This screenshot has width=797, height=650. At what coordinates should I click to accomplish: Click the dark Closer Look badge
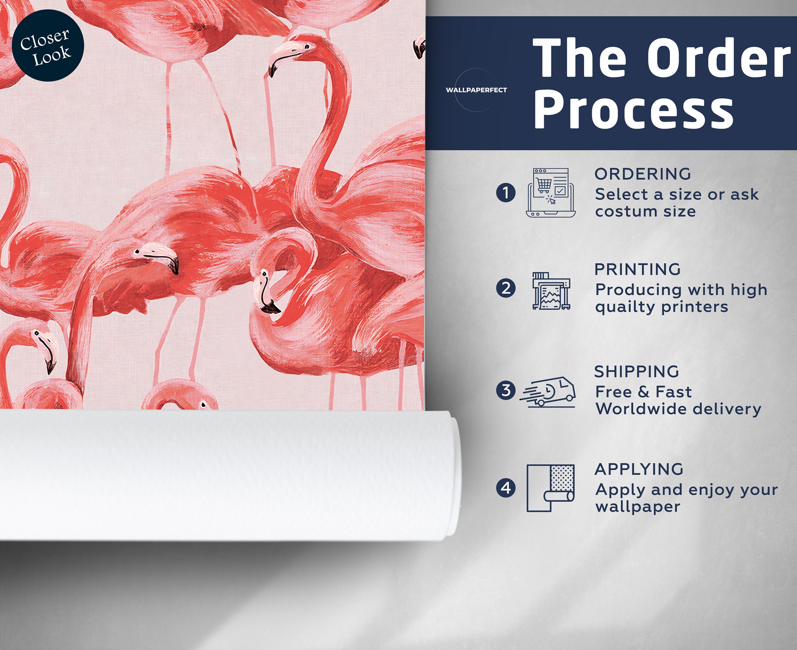point(48,46)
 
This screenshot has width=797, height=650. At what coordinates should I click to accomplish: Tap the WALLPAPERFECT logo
point(476,90)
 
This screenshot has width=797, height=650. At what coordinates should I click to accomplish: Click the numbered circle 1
point(506,193)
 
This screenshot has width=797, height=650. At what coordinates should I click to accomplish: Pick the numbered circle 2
point(506,288)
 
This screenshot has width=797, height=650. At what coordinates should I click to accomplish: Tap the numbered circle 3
point(506,390)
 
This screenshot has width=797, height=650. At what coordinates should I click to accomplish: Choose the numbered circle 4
point(506,488)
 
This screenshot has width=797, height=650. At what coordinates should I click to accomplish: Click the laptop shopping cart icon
point(550,193)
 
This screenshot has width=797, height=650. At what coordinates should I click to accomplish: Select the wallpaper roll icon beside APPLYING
point(550,488)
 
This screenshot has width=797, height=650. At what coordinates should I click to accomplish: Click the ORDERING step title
point(643,174)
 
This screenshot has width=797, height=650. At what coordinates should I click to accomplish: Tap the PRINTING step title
point(637,269)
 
